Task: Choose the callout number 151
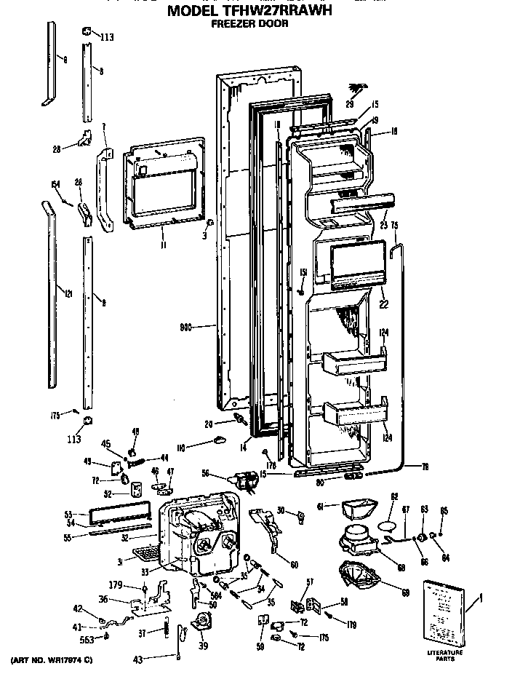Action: (303, 272)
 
